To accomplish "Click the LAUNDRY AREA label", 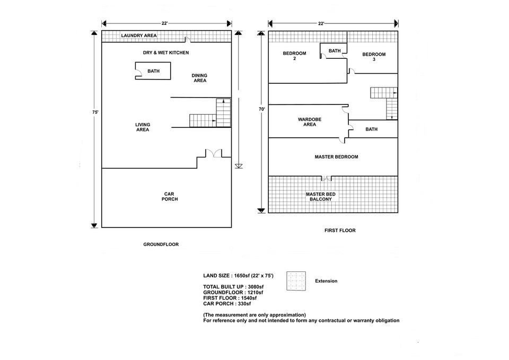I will pyautogui.click(x=139, y=36).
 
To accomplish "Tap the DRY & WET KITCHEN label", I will pyautogui.click(x=166, y=53).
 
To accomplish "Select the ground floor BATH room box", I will pyautogui.click(x=153, y=71).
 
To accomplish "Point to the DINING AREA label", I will pyautogui.click(x=199, y=78).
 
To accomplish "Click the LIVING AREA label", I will pyautogui.click(x=143, y=127).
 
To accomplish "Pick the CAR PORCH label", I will pyautogui.click(x=170, y=196).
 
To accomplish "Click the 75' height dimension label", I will pyautogui.click(x=95, y=112).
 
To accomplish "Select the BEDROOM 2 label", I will pyautogui.click(x=294, y=56).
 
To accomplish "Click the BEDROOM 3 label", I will pyautogui.click(x=374, y=57).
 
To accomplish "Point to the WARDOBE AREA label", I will pyautogui.click(x=310, y=122).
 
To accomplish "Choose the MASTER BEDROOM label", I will pyautogui.click(x=336, y=157).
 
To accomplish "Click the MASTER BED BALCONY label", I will pyautogui.click(x=320, y=197).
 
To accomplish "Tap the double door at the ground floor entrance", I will pyautogui.click(x=215, y=153).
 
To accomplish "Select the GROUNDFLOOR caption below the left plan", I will pyautogui.click(x=161, y=244).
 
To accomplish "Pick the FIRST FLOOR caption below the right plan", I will pyautogui.click(x=339, y=231).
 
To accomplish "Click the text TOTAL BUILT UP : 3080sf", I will pyautogui.click(x=233, y=287).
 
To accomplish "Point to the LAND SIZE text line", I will pyautogui.click(x=238, y=276).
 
